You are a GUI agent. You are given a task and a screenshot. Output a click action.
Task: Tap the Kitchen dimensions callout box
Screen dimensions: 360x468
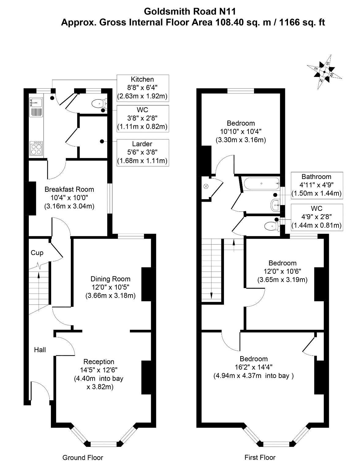pyautogui.click(x=142, y=88)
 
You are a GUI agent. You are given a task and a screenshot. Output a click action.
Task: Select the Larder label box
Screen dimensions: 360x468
pyautogui.click(x=142, y=152)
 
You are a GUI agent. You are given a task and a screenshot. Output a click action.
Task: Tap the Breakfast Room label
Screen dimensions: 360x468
pyautogui.click(x=69, y=189)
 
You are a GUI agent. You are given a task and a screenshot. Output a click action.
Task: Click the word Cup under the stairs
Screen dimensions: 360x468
pyautogui.click(x=37, y=253)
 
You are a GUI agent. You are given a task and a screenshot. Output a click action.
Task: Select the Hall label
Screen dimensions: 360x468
pyautogui.click(x=40, y=350)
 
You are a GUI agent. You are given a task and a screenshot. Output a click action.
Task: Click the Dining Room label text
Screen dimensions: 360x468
pyautogui.click(x=110, y=279)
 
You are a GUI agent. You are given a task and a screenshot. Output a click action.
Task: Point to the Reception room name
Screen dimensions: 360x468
pyautogui.click(x=99, y=362)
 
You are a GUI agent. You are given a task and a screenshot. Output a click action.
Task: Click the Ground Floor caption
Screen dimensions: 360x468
pyautogui.click(x=83, y=458)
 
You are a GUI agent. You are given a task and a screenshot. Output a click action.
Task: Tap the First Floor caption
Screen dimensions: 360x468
pyautogui.click(x=260, y=458)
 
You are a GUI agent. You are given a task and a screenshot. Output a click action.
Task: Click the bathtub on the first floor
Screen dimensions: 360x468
pyautogui.click(x=261, y=184)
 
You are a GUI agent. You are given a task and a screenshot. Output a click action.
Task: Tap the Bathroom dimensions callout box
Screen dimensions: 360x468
pyautogui.click(x=316, y=185)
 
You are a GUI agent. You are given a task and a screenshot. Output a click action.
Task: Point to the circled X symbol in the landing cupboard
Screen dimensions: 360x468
pyautogui.click(x=206, y=186)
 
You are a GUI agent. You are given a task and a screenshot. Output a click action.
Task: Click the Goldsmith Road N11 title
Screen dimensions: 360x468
pyautogui.click(x=190, y=12)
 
